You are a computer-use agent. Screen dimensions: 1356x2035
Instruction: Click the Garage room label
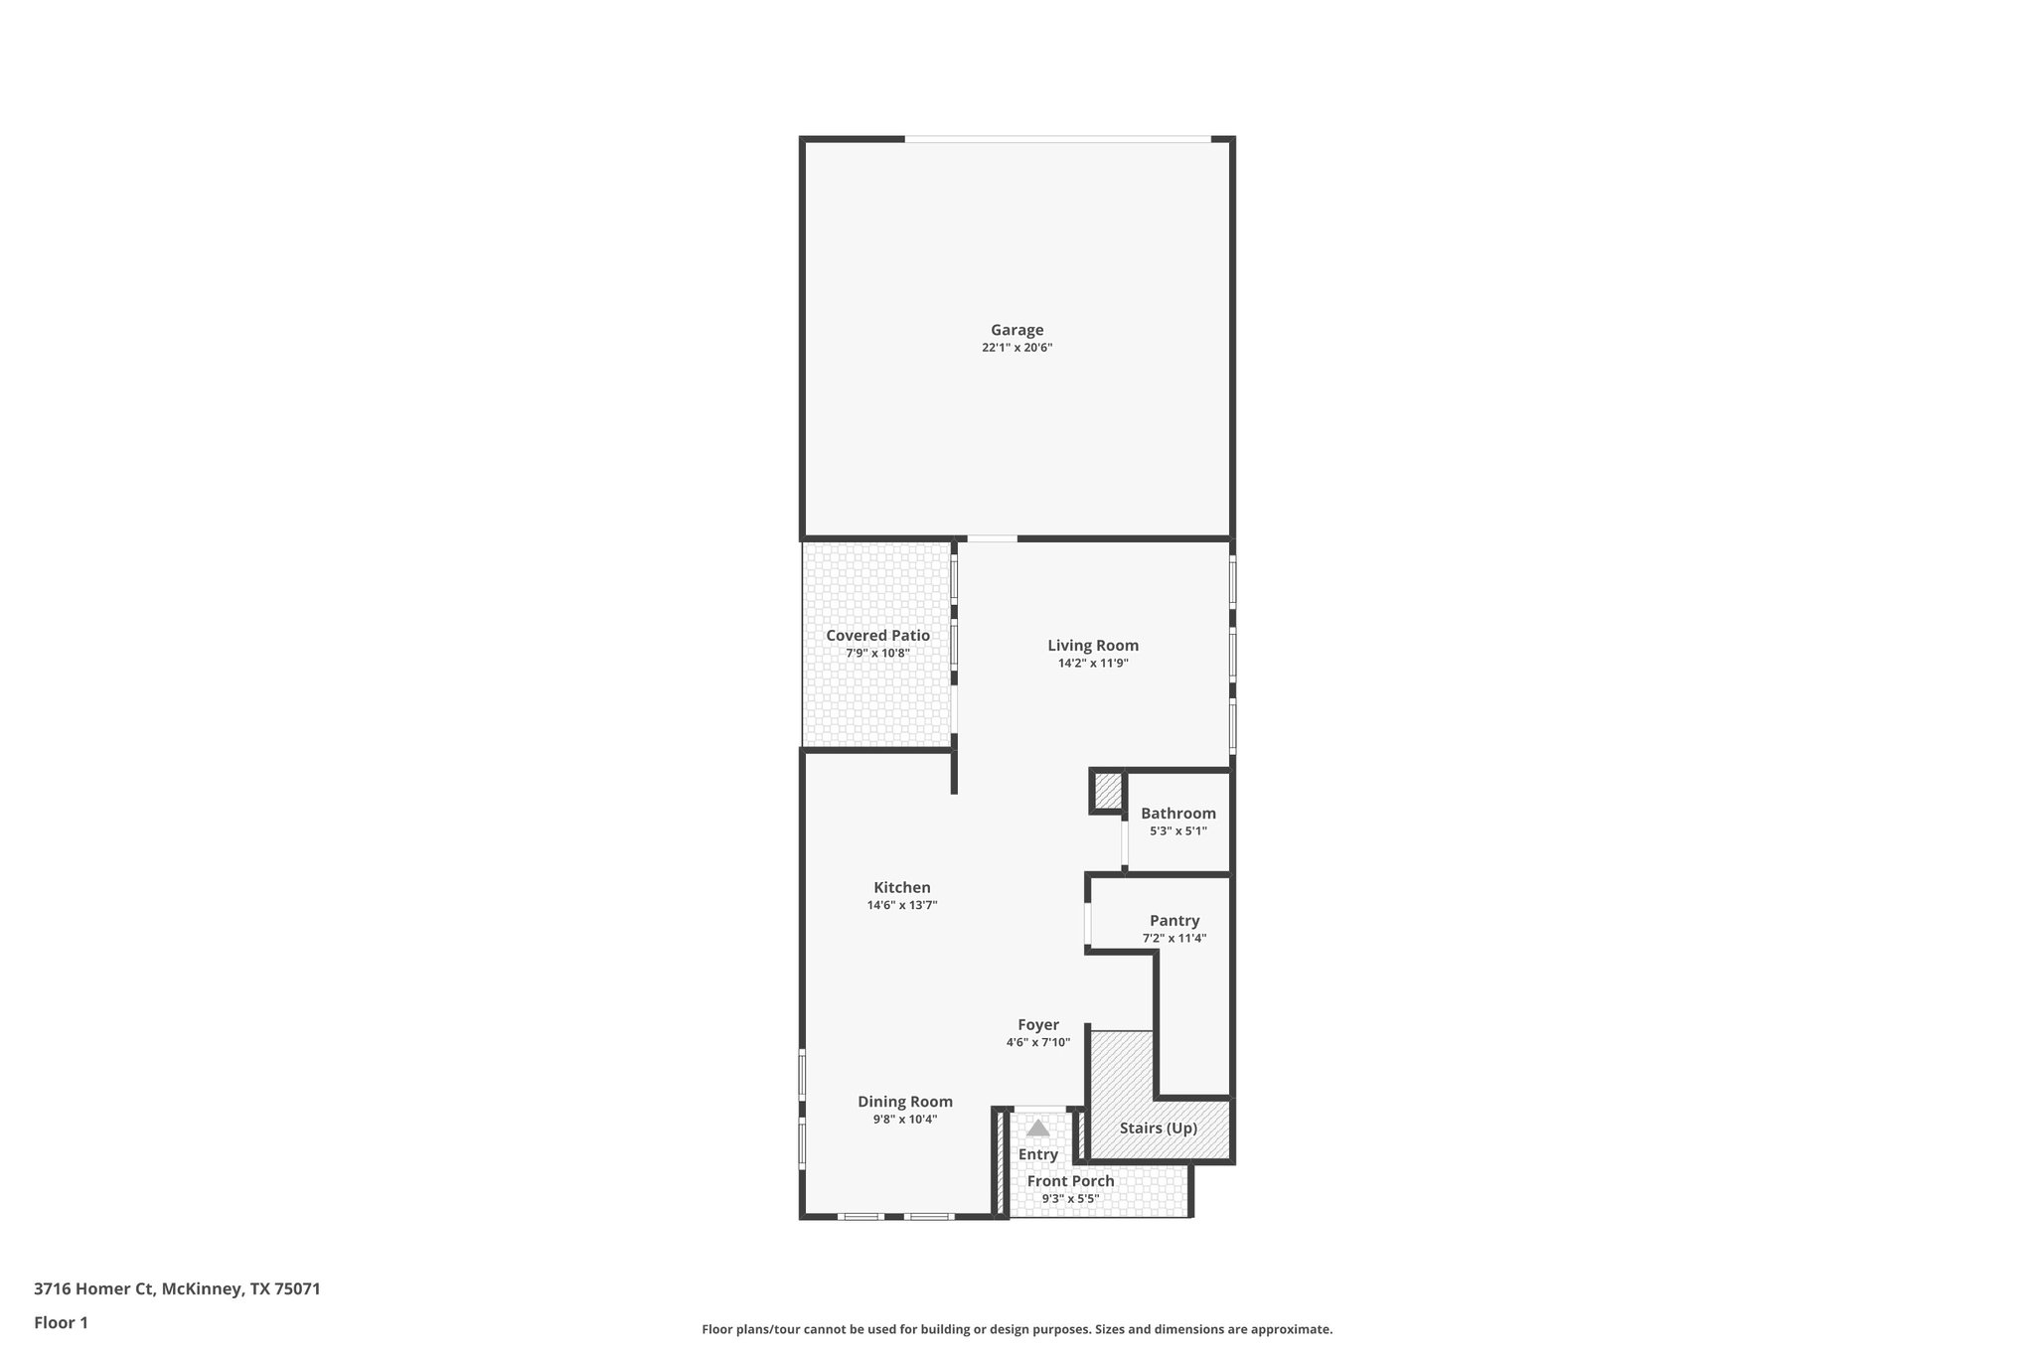tap(1017, 330)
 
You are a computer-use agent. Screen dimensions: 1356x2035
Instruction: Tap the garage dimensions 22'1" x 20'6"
tap(1017, 348)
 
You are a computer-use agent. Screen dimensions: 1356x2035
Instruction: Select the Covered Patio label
tap(877, 636)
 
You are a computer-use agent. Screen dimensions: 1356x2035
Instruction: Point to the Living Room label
tap(1093, 646)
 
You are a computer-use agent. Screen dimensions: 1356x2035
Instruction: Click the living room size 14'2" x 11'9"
tap(1093, 664)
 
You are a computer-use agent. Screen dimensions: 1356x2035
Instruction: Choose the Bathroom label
tap(1177, 814)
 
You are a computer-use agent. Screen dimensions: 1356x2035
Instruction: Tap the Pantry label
tap(1174, 921)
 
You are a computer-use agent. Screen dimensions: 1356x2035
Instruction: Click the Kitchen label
tap(902, 888)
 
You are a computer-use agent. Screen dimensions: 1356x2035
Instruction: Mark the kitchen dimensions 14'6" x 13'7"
tap(902, 905)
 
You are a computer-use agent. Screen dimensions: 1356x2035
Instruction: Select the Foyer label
tap(1037, 1025)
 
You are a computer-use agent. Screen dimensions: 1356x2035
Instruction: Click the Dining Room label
tap(905, 1102)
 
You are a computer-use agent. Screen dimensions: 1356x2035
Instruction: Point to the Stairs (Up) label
tap(1158, 1129)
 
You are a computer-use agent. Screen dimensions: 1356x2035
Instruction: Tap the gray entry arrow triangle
tap(1037, 1129)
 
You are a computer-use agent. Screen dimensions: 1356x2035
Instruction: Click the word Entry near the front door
tap(1037, 1154)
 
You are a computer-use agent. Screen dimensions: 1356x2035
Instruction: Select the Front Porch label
tap(1070, 1181)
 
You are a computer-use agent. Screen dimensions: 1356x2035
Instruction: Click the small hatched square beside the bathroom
tap(1107, 792)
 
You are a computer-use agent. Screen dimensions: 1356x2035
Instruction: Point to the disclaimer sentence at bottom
tap(1017, 1329)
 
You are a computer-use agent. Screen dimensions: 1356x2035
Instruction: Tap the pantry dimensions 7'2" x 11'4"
tap(1174, 938)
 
